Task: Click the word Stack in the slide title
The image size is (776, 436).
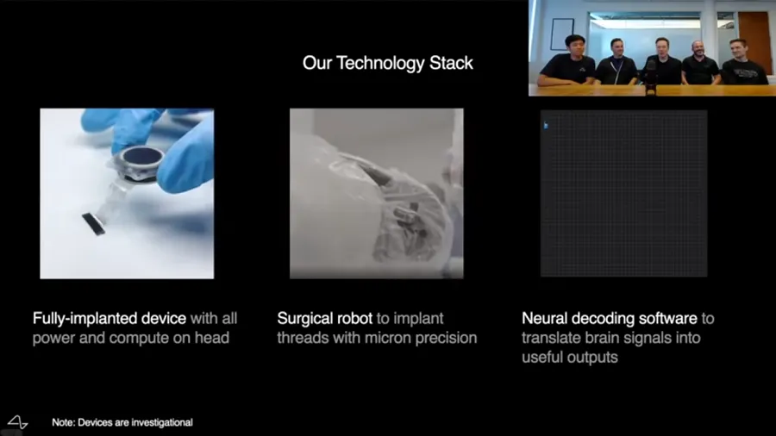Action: click(451, 63)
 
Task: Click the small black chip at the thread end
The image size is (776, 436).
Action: click(93, 223)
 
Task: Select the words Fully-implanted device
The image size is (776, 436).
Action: click(110, 318)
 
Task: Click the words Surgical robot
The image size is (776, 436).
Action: click(325, 318)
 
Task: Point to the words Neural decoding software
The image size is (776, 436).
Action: click(610, 318)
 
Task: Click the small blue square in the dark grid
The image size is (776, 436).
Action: click(546, 126)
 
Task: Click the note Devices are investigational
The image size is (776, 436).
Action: click(122, 423)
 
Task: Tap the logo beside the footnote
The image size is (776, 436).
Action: click(18, 422)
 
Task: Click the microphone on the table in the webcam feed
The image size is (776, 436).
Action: click(651, 77)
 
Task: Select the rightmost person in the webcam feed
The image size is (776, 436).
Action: click(744, 62)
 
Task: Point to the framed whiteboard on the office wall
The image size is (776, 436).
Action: click(563, 34)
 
